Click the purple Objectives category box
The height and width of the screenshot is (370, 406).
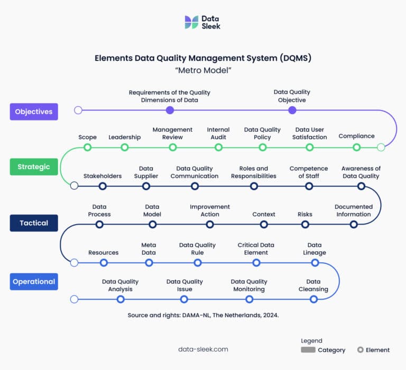tap(34, 112)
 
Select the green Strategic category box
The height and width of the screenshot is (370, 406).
tap(34, 166)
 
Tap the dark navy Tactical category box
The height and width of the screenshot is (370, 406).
tap(34, 223)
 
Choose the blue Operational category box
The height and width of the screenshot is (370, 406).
tap(34, 281)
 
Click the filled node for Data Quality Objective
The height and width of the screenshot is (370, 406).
tap(292, 110)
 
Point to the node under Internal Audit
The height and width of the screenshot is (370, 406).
tap(218, 147)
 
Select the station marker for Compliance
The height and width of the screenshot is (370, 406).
tap(357, 147)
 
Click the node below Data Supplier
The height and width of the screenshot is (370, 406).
tap(146, 186)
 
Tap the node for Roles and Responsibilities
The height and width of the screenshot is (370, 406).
tap(254, 186)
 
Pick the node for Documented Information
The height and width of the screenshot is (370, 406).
tap(354, 224)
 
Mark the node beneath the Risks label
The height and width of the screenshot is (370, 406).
tap(305, 224)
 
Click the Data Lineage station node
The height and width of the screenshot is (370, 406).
tap(315, 263)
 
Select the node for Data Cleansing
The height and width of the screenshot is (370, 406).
tap(313, 299)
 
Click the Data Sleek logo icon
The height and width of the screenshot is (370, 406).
tap(191, 22)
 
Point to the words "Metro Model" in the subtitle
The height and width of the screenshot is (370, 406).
tap(203, 70)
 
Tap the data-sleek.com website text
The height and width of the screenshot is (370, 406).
tap(204, 349)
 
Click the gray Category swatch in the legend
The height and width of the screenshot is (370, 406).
tap(308, 350)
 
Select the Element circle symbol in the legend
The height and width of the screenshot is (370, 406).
tap(360, 350)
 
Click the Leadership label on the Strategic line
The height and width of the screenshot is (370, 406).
tap(125, 137)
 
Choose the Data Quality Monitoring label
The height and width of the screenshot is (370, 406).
tap(249, 285)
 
